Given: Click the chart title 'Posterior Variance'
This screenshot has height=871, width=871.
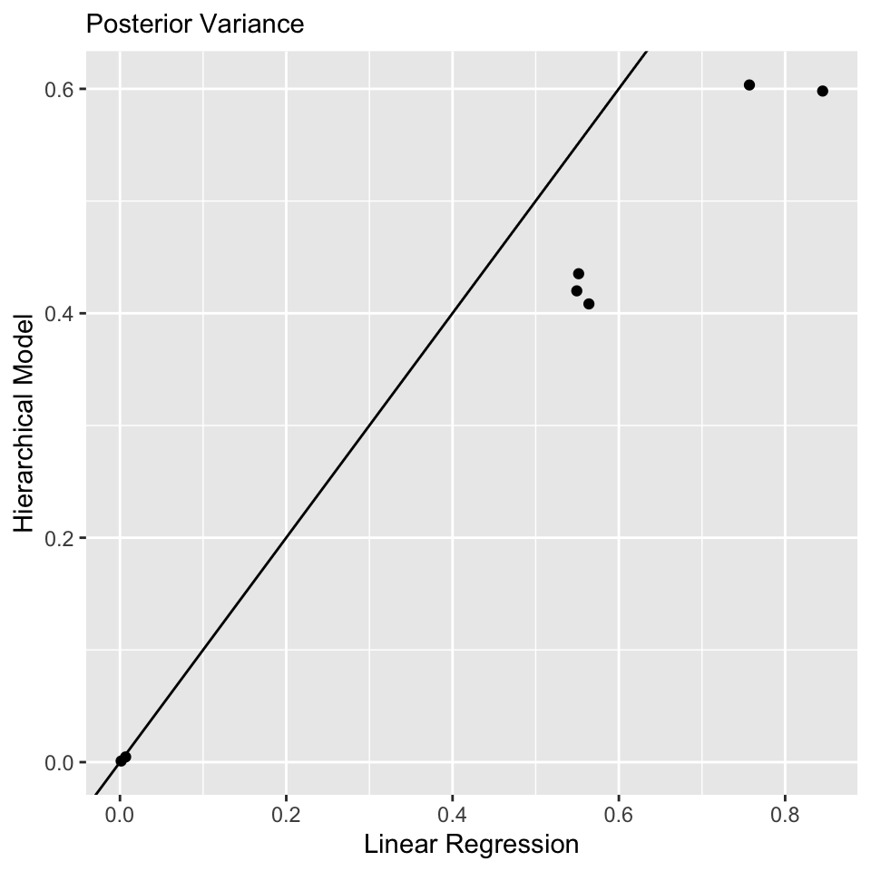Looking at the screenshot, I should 194,24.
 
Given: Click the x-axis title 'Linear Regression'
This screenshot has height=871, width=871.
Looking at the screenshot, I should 471,845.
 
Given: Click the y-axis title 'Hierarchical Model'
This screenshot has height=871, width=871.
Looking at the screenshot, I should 24,423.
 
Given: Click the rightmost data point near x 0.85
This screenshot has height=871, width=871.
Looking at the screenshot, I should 823,91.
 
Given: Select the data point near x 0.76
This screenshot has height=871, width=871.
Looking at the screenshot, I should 749,85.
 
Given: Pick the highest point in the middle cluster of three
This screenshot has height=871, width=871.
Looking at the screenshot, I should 579,273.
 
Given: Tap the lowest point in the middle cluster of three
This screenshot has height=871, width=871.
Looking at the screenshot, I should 589,304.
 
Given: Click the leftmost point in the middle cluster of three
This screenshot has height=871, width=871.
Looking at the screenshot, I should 576,290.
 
